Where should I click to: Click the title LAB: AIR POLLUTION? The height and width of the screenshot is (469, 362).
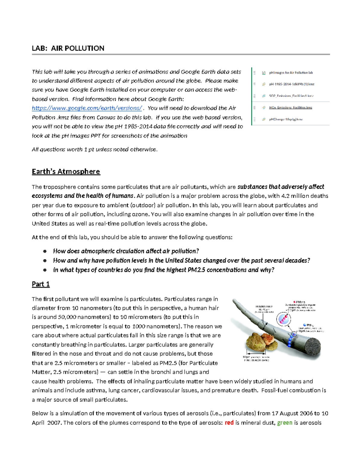[68, 48]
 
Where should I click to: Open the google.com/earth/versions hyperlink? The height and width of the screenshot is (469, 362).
[87, 108]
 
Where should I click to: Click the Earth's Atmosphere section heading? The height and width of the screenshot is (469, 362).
[66, 172]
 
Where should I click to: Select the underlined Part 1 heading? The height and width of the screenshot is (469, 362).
[41, 284]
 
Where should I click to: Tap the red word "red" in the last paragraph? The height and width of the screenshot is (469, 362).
[229, 422]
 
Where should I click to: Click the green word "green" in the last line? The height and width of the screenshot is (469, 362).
[284, 422]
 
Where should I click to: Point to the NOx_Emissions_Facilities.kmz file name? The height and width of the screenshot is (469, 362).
[291, 108]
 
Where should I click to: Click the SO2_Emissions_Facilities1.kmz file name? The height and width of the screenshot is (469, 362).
[291, 96]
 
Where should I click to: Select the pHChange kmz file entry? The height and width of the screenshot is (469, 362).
[286, 119]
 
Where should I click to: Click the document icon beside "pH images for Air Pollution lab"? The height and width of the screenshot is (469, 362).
[264, 73]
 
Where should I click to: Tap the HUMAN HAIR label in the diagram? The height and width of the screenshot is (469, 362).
[264, 306]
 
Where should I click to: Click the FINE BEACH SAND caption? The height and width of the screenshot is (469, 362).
[256, 360]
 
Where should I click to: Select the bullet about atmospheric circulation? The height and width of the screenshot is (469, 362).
[126, 251]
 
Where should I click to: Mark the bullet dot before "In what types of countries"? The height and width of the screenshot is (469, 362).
[45, 270]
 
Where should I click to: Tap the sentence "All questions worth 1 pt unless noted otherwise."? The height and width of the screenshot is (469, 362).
[94, 149]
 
